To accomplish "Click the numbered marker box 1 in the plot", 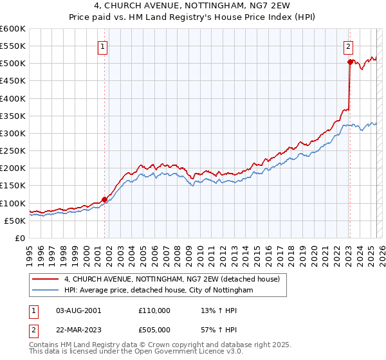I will coord(103,46).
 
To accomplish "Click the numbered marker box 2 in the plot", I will coord(347,46).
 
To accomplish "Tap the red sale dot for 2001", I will coord(104,199).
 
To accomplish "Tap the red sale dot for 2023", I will coord(350,62).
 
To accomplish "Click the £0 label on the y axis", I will coord(20,238).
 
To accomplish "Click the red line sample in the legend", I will coord(46,280).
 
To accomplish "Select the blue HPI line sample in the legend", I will coord(46,291).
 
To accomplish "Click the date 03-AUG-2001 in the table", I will coord(78,310).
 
